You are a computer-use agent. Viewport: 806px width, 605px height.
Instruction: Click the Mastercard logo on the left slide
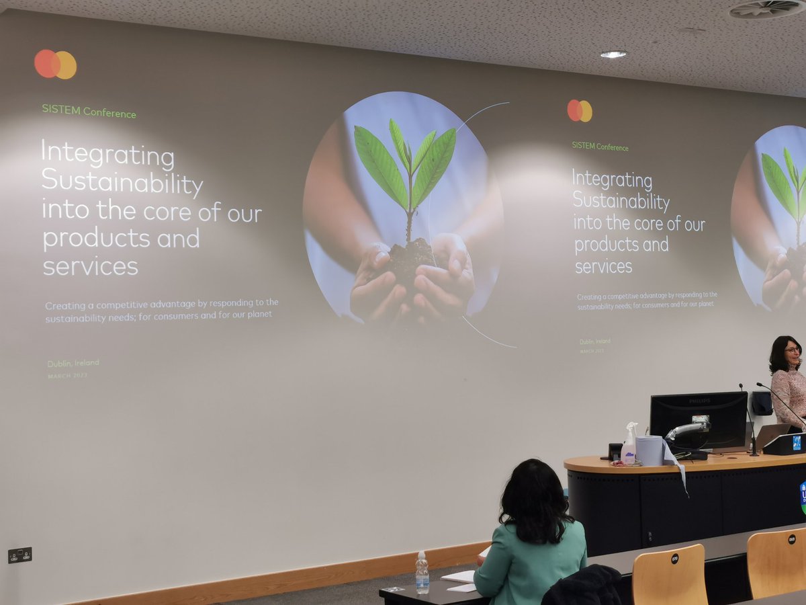55,65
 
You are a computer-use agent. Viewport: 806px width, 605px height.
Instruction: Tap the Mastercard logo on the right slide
580,111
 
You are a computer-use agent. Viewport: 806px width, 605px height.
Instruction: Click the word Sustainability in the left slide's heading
122,183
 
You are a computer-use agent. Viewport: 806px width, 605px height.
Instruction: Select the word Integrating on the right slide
612,180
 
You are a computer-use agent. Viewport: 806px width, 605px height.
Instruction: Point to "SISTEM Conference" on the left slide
89,112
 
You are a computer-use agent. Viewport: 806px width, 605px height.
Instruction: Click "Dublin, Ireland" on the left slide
73,363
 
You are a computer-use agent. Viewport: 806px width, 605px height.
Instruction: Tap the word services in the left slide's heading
91,266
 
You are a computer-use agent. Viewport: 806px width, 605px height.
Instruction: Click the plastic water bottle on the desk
422,573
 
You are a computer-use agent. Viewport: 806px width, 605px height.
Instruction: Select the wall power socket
19,555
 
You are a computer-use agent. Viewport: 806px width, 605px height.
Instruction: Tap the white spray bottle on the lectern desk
629,444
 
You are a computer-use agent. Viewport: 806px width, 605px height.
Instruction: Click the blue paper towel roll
649,450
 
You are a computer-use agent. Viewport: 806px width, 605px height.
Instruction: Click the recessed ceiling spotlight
613,54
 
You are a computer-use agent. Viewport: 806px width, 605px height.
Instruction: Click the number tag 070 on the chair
674,558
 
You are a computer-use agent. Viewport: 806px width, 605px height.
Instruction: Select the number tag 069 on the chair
793,538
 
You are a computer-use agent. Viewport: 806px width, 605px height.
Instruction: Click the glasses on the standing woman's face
792,350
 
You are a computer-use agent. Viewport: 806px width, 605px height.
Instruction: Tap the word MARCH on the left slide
58,376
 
